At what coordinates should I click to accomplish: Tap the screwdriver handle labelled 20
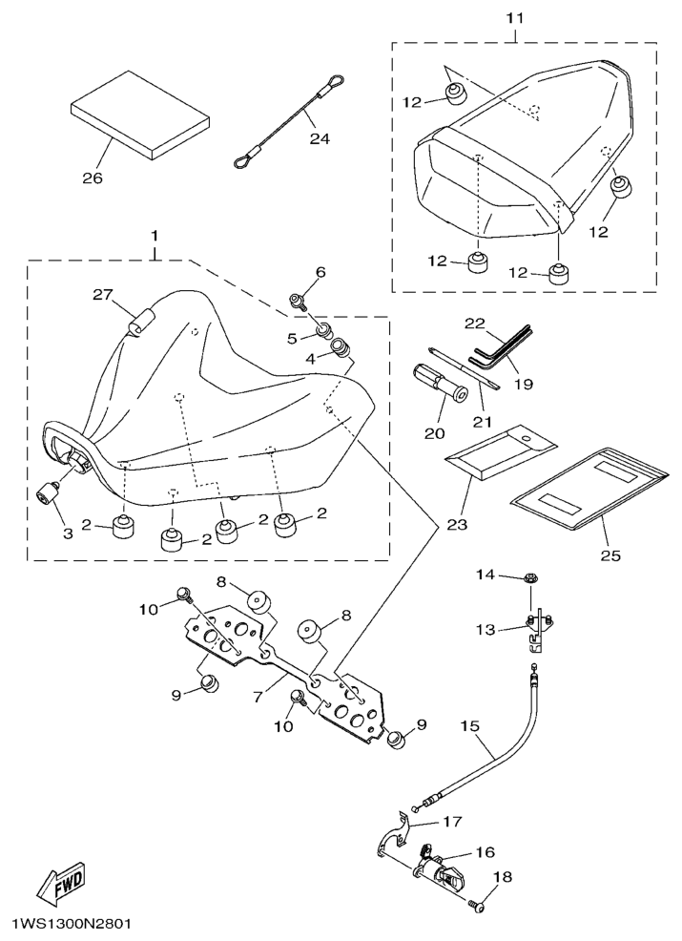pos(428,380)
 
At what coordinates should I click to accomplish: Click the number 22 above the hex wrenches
pos(475,324)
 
